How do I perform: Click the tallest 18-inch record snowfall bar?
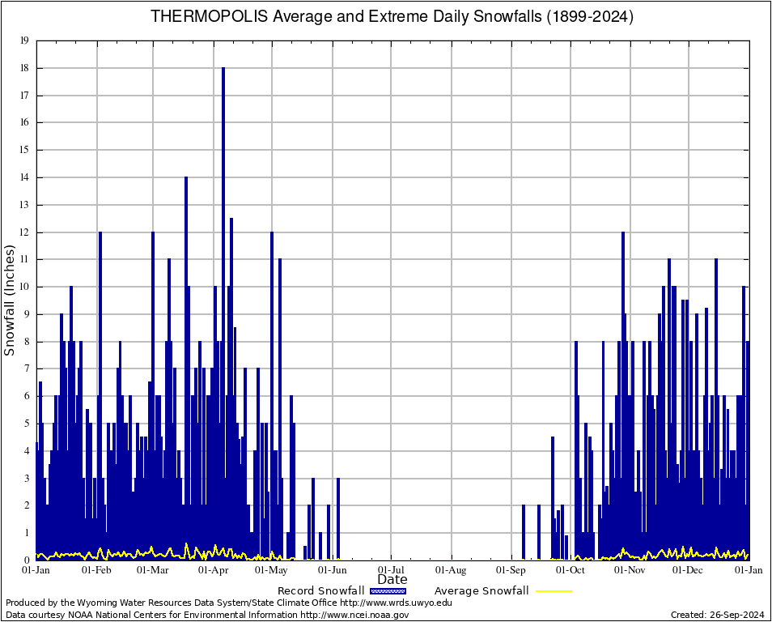coord(223,243)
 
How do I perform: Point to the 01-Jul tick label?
coord(392,570)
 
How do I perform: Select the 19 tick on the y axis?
coord(25,40)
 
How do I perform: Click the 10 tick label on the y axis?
coord(25,287)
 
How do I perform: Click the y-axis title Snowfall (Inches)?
coord(11,300)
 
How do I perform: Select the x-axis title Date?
coord(392,580)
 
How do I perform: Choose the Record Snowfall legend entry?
coord(320,591)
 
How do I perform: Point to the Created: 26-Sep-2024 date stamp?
coord(718,615)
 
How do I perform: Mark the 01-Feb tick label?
coord(96,570)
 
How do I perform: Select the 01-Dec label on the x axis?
coord(689,570)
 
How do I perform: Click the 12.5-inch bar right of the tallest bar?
coord(231,324)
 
